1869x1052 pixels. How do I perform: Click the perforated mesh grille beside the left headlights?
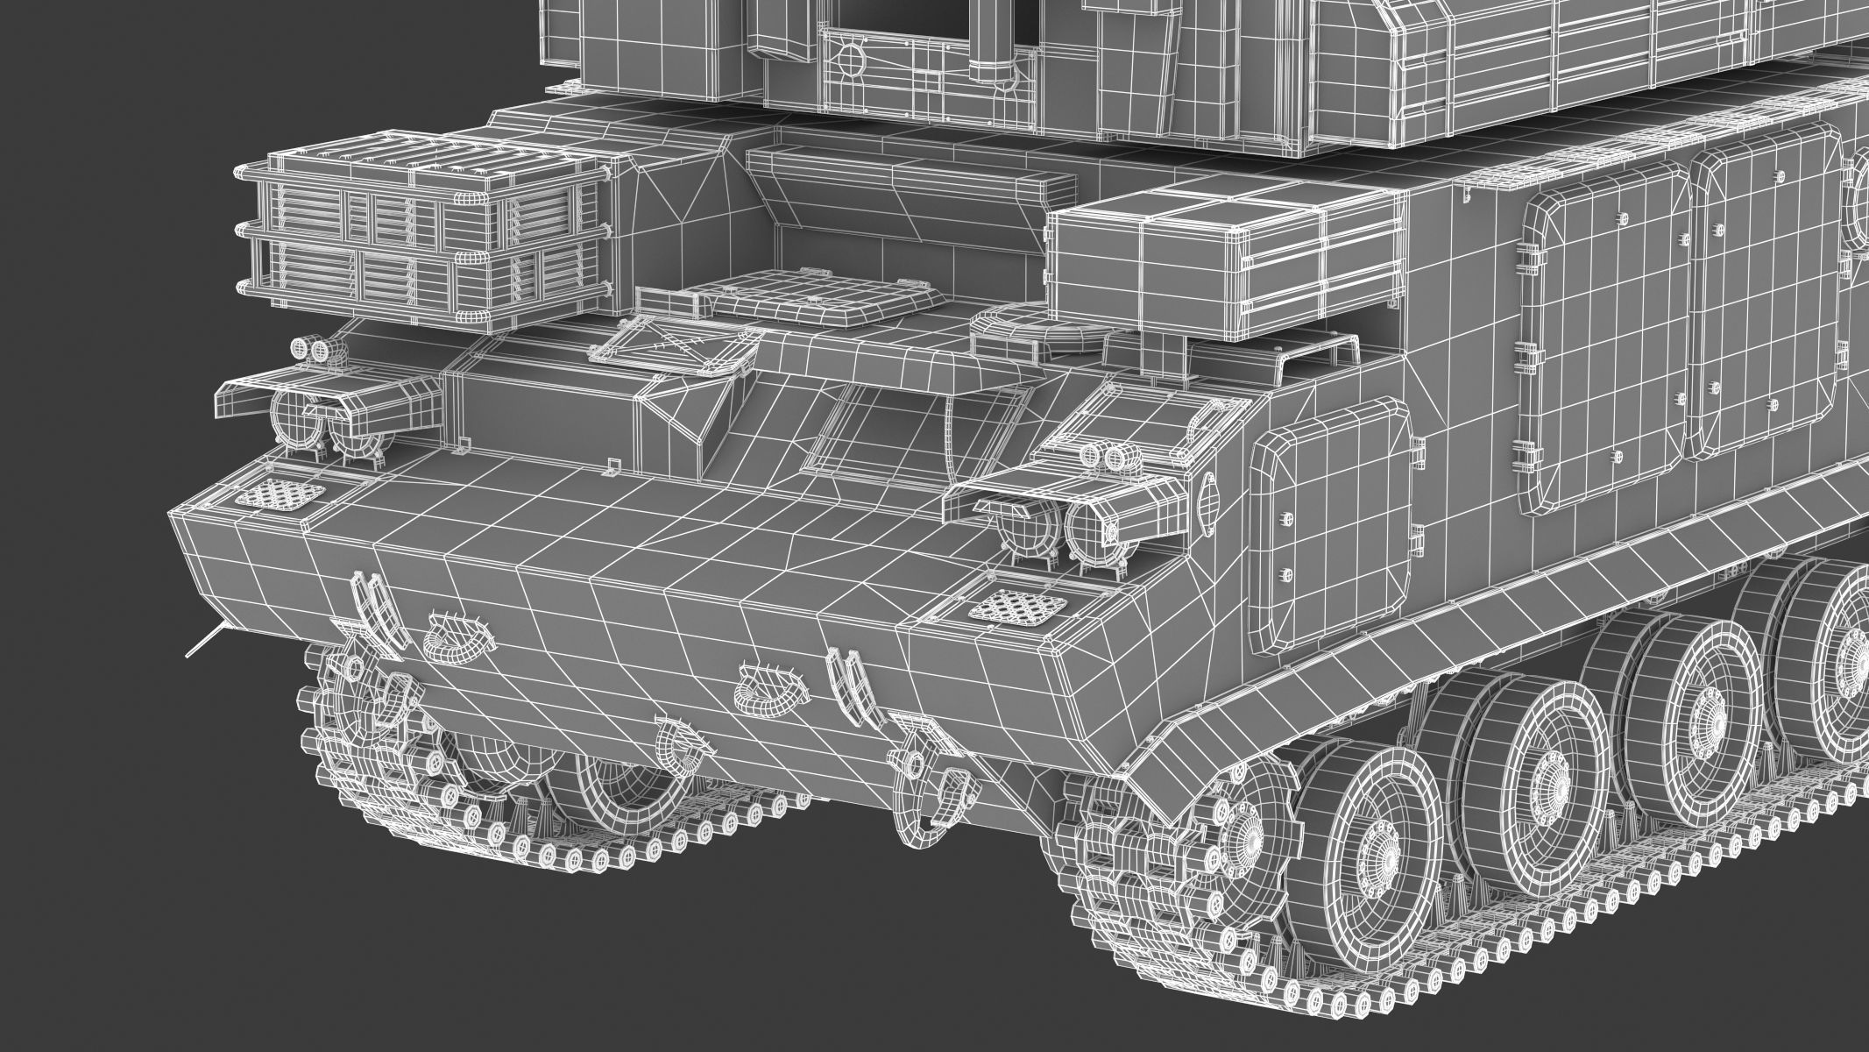(x=280, y=495)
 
